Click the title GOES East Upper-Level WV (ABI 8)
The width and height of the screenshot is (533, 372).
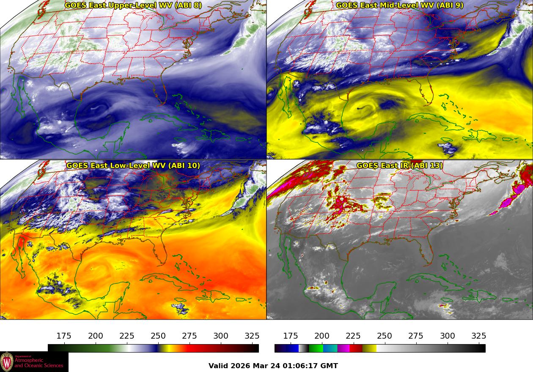pos(133,5)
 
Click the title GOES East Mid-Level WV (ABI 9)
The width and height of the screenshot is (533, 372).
pos(400,5)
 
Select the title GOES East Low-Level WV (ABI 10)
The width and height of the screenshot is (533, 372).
pos(133,166)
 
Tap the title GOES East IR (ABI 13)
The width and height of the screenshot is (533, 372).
pos(400,166)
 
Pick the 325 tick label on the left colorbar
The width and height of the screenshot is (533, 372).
pos(252,336)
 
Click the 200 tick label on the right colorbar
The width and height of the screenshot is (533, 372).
pos(322,336)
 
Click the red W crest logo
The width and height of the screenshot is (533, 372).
pos(7,362)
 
